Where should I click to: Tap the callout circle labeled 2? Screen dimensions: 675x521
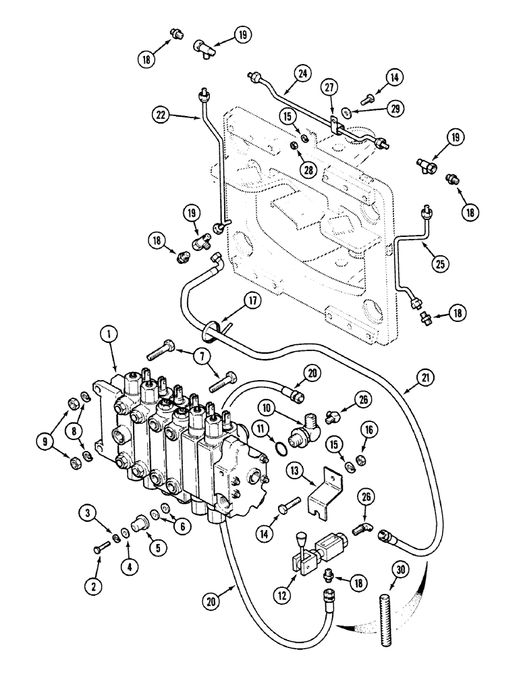coord(94,587)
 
